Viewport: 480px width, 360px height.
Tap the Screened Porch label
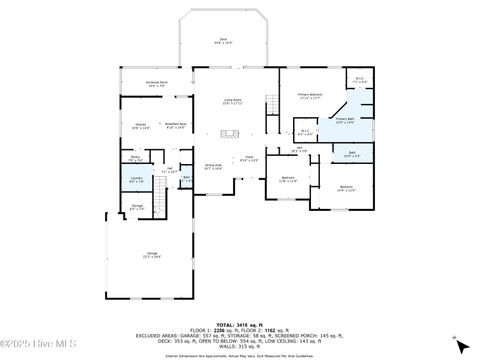click(157, 86)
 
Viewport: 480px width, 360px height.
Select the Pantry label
click(135, 157)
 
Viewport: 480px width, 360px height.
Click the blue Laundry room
click(136, 180)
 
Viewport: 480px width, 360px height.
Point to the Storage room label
click(138, 207)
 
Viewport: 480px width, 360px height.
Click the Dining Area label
click(213, 167)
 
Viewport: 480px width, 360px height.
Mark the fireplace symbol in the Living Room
click(230, 132)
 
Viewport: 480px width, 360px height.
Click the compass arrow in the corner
click(456, 338)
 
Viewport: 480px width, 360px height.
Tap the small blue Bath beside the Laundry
click(186, 180)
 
